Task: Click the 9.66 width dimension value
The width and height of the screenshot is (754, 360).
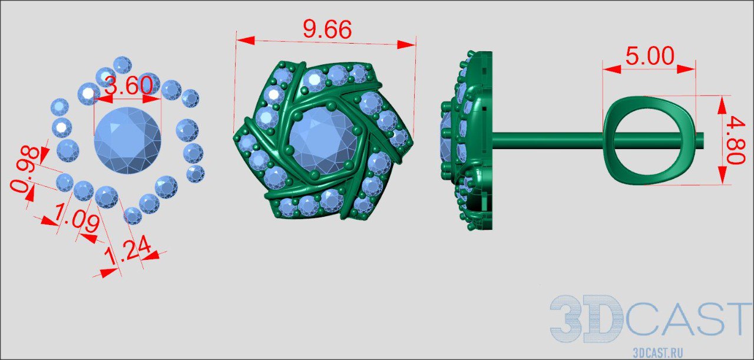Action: point(328,29)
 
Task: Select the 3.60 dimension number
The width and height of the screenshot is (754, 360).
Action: point(129,85)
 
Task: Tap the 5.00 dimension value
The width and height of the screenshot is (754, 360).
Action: point(650,55)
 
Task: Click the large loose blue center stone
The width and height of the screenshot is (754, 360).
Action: point(128,140)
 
